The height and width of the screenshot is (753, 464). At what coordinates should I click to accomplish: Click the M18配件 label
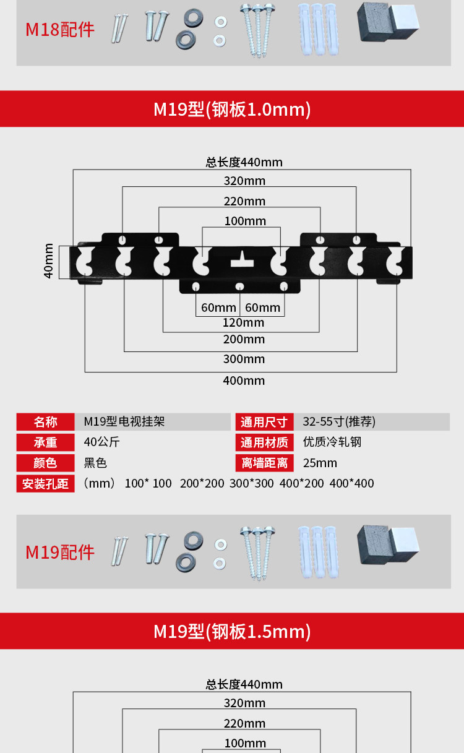59,30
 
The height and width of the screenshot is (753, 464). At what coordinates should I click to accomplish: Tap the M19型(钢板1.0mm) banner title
232,110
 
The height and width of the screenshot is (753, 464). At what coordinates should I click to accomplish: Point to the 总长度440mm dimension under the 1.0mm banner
244,162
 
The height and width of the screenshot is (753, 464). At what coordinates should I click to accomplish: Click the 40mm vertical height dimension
49,262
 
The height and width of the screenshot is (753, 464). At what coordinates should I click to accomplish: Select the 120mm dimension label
244,322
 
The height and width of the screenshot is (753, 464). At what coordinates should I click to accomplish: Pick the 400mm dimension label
244,381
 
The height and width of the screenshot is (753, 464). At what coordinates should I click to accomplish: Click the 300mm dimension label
244,359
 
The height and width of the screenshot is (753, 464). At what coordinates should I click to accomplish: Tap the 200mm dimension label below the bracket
244,339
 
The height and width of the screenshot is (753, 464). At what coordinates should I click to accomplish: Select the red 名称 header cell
45,422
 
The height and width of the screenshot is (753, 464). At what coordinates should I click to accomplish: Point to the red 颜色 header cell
45,463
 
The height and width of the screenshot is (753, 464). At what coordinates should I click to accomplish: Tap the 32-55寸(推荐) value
339,422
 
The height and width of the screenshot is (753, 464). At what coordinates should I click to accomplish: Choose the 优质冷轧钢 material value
332,442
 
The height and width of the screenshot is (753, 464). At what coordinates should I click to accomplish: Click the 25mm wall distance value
320,463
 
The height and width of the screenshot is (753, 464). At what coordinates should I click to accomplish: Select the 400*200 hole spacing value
301,483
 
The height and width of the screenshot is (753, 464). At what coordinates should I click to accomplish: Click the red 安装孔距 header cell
45,483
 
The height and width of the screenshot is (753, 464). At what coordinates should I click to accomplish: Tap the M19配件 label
59,552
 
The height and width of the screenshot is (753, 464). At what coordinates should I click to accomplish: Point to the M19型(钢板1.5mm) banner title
232,632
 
